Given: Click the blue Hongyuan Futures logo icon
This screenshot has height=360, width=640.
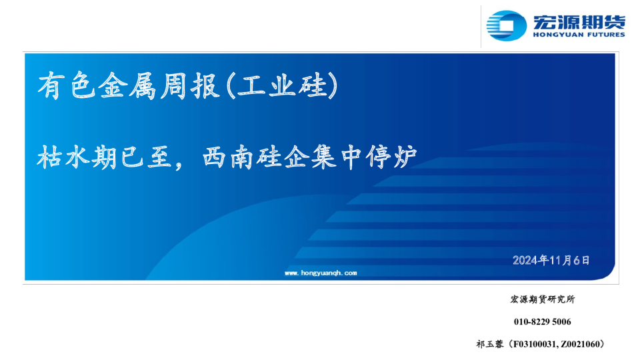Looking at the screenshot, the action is pyautogui.click(x=506, y=25).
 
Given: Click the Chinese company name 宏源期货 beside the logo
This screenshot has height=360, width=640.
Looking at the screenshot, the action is pyautogui.click(x=579, y=22).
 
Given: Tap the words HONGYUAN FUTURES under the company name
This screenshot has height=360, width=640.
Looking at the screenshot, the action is pyautogui.click(x=579, y=35).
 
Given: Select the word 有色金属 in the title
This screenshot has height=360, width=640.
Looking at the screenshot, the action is pyautogui.click(x=97, y=86).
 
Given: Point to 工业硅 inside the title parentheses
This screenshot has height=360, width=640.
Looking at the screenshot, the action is pyautogui.click(x=282, y=86).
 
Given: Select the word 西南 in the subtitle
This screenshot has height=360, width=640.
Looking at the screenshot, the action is pyautogui.click(x=228, y=157).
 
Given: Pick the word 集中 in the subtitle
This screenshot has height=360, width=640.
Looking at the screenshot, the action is pyautogui.click(x=336, y=157).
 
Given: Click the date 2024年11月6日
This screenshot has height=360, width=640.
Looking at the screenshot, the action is pyautogui.click(x=551, y=260).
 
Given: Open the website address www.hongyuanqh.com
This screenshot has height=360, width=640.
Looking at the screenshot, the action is pyautogui.click(x=321, y=273).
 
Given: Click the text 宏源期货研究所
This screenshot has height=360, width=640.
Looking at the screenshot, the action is pyautogui.click(x=543, y=299).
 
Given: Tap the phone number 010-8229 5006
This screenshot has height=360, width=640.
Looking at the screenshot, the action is pyautogui.click(x=543, y=321).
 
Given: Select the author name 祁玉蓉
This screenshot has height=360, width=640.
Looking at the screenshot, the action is pyautogui.click(x=490, y=344).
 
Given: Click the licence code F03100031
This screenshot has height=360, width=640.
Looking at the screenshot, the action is pyautogui.click(x=534, y=344).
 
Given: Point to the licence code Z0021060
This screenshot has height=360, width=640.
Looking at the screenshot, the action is pyautogui.click(x=579, y=344).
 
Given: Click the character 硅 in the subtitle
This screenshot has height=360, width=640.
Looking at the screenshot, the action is pyautogui.click(x=269, y=157).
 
